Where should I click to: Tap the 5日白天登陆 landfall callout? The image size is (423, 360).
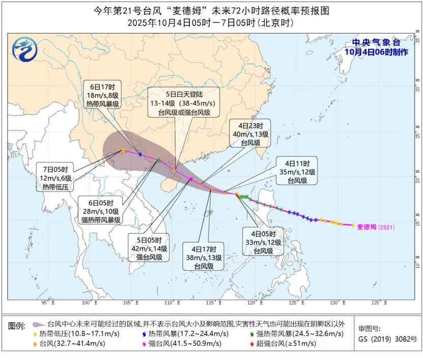pyautogui.click(x=184, y=103)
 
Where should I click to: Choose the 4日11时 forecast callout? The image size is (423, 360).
pyautogui.click(x=297, y=172)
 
